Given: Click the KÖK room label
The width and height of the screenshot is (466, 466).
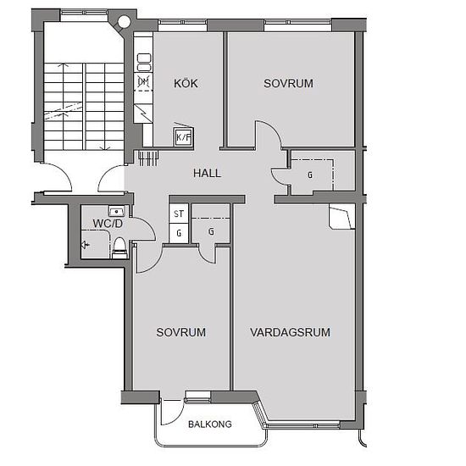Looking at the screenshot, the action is point(186,83).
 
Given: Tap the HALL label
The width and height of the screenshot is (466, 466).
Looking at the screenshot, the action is point(207,173).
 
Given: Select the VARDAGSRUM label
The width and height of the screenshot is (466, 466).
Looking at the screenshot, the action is point(290,332).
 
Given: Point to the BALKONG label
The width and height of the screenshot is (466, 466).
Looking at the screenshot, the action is point(210,424).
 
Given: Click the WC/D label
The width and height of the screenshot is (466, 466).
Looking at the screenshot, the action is point(108,224).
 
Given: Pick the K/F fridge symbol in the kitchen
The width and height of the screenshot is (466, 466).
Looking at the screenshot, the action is point(183,137).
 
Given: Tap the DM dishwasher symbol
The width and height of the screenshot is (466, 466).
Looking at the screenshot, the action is point(143,81).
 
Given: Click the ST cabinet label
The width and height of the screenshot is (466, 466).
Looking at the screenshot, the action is point(179,214).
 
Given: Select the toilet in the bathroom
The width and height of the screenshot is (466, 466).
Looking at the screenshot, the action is point(119,247).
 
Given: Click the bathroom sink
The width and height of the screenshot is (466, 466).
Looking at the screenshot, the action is point(117,211).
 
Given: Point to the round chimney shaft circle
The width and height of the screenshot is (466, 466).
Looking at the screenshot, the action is point(124,21).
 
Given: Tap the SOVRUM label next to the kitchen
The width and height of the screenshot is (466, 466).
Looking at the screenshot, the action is point(288,84).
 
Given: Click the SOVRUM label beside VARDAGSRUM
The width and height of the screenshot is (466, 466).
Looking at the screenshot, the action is point(181,332).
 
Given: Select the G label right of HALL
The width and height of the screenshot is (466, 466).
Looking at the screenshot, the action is point(310,175).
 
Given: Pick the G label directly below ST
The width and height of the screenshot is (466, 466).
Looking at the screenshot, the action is point(179,233).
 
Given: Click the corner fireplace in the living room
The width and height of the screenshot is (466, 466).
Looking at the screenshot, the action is point(341,216).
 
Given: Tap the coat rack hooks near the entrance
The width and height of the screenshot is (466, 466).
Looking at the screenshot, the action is point(147,158).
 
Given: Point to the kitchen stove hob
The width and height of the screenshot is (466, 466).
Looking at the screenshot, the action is point(144,62).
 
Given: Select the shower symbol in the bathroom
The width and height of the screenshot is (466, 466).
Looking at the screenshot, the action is point(86,245).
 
